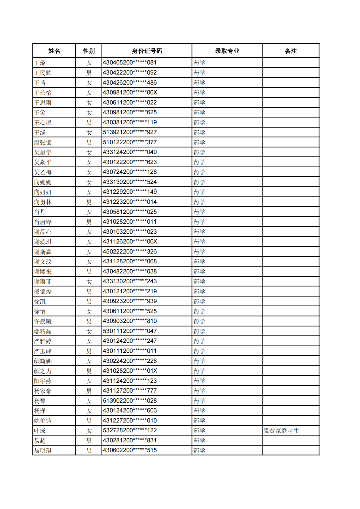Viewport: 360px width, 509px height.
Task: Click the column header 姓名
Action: pos(54,51)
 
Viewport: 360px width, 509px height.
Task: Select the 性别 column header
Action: pos(89,51)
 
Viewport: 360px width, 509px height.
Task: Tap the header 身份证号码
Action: pos(147,51)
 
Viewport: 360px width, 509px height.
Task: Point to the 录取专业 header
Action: pos(227,51)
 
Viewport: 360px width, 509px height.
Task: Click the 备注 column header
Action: pos(291,51)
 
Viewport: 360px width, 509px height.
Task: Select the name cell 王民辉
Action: pos(43,73)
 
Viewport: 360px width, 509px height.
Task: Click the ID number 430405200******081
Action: pos(130,63)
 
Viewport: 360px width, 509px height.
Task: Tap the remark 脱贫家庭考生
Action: pos(281,431)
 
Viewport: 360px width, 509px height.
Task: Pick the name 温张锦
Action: pos(43,143)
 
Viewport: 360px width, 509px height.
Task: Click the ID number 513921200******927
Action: pos(130,132)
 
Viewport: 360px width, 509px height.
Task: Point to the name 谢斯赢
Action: pos(43,252)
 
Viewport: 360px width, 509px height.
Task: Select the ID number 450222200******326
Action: pos(130,252)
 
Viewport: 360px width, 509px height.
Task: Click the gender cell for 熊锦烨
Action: pos(89,292)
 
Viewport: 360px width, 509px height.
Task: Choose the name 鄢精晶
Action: pos(43,331)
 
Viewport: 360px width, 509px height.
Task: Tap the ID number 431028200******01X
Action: pos(130,371)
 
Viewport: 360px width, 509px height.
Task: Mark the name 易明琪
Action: pos(43,451)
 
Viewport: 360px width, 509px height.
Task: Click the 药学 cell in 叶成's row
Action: pos(199,431)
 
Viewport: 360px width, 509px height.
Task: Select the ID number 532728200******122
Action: pos(130,430)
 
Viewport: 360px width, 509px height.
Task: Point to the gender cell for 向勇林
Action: pos(89,202)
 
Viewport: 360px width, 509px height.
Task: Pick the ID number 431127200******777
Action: pos(130,391)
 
